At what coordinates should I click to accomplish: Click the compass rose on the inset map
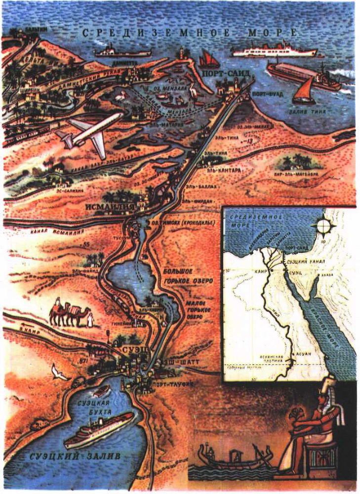tap(323, 227)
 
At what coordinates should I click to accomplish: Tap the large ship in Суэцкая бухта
tap(99, 430)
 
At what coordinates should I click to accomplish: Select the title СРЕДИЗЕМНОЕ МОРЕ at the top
tap(190, 34)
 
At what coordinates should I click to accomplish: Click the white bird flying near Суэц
tap(59, 372)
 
